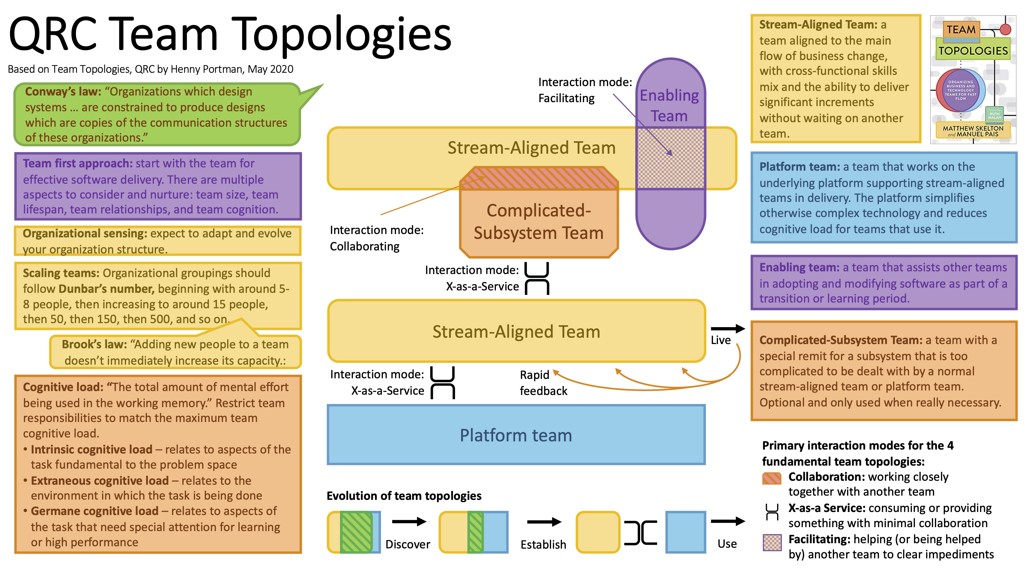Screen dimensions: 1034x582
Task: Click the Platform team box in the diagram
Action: coord(516,435)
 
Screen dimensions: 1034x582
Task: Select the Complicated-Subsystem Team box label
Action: coord(539,221)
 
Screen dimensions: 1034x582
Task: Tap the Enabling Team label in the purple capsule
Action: coord(669,105)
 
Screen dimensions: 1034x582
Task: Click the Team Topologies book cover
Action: coord(973,79)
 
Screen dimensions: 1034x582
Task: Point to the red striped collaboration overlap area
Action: coord(539,178)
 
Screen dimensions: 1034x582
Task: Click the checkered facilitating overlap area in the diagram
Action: coord(670,158)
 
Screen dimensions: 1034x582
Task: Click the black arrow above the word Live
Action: coord(728,329)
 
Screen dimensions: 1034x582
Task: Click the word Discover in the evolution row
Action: coord(407,544)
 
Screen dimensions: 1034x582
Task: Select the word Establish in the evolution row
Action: coord(543,544)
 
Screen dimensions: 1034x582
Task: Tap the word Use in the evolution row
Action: coord(727,544)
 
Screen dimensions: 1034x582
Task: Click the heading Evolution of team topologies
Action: coord(404,496)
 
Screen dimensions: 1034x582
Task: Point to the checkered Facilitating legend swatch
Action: coord(772,543)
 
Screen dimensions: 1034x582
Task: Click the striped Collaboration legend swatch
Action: coord(772,478)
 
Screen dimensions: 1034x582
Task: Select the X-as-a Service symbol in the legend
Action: coord(772,512)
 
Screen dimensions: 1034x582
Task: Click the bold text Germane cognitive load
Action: coord(95,511)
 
